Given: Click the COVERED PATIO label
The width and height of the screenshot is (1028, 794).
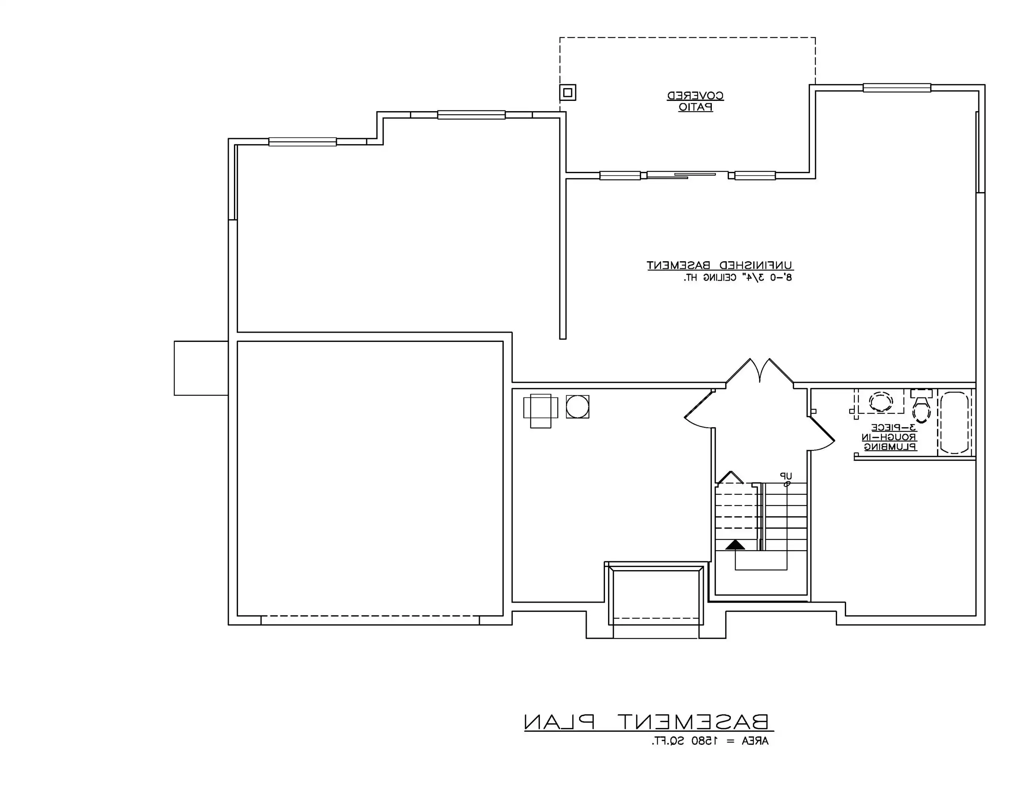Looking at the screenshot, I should [x=695, y=101].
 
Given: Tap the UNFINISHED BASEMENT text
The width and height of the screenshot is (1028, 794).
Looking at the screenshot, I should [x=720, y=265].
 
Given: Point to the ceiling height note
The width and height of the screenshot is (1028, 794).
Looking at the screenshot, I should [x=738, y=278].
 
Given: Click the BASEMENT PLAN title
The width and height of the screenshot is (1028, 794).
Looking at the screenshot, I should [x=648, y=722].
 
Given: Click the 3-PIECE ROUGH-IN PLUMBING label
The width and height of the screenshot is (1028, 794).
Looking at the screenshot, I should [x=889, y=437].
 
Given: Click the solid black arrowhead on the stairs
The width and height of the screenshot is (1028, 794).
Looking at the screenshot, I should [x=735, y=545].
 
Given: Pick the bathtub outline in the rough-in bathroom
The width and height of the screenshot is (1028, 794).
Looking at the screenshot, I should [x=954, y=422].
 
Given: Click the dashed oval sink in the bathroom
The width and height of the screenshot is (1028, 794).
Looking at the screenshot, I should [x=880, y=402].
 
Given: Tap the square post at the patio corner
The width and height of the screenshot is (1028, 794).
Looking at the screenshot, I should [x=568, y=93].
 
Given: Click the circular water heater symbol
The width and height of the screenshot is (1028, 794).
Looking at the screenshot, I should [x=577, y=407].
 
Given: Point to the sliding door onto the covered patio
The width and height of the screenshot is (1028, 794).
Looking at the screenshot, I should [x=687, y=175].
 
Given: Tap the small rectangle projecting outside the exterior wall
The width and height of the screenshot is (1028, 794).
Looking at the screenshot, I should [x=201, y=368].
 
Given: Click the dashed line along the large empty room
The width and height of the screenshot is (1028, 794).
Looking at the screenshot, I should [x=370, y=616].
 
